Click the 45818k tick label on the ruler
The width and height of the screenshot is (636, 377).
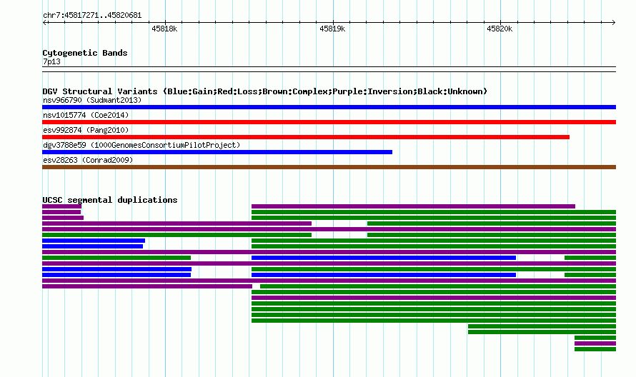coord(164,29)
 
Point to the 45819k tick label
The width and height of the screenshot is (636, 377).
coord(332,29)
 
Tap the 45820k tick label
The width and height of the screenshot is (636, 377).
coord(500,29)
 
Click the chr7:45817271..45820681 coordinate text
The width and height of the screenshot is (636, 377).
coord(92,16)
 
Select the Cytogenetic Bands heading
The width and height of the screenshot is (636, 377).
coord(85,53)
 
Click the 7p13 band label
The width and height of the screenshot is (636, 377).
coord(51,61)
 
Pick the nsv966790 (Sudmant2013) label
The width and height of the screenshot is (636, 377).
coord(92,100)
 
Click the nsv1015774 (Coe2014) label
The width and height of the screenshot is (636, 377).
coord(86,115)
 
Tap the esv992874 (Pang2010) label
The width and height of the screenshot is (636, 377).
coord(86,130)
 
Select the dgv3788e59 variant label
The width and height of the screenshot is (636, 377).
coord(64,145)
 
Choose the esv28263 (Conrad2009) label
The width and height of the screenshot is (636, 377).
coord(88,160)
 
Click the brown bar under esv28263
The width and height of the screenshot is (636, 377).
coord(329,167)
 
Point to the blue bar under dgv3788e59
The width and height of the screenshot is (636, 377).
coord(217,152)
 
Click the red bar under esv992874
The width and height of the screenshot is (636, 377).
coord(306,137)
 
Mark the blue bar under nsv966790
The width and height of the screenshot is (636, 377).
coord(329,107)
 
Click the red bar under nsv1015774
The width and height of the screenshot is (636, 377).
coord(329,122)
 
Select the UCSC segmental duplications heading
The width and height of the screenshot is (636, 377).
coord(110,200)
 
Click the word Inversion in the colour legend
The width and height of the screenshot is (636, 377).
coord(389,91)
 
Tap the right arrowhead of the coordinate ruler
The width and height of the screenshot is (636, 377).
coord(614,22)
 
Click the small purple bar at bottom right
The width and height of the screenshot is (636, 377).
coord(595,343)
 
